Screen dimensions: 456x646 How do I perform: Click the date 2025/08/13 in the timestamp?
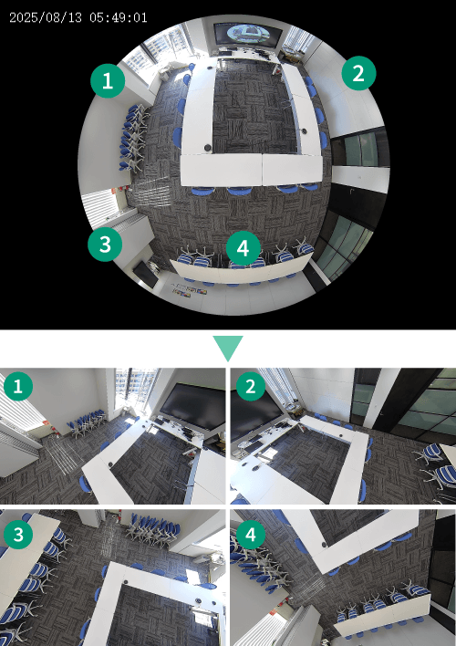click(x=46, y=17)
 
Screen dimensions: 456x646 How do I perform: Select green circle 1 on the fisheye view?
click(x=108, y=80)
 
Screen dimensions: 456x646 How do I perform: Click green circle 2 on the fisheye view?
click(x=358, y=73)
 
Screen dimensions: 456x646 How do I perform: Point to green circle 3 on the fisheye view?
click(x=105, y=244)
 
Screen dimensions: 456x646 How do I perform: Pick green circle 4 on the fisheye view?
click(x=244, y=248)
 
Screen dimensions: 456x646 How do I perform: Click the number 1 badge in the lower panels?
click(x=18, y=386)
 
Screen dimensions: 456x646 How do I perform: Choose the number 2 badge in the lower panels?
click(x=251, y=386)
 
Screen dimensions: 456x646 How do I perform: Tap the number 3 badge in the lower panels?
click(x=18, y=535)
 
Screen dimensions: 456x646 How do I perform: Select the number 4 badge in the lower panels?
click(x=251, y=535)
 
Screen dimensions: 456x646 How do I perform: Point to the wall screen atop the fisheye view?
click(x=248, y=33)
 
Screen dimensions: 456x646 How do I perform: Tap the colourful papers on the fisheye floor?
click(x=190, y=289)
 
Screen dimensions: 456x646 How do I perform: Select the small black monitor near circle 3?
click(x=145, y=274)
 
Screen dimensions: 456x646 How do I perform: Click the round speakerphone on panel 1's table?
click(x=110, y=464)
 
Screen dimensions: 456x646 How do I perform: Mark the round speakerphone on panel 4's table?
click(x=325, y=544)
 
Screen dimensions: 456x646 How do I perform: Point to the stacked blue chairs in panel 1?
click(x=87, y=421)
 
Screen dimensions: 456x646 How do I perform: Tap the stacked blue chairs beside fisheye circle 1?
click(x=133, y=137)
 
